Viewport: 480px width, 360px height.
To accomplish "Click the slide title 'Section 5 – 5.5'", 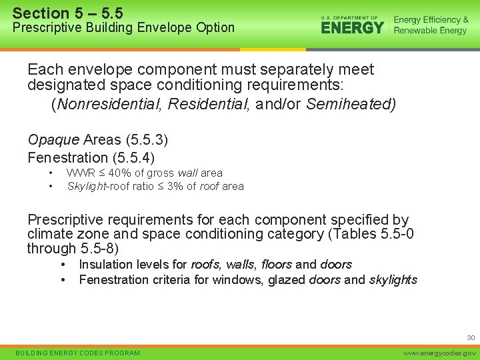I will pos(67,13).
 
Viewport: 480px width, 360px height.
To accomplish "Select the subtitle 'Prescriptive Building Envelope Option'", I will pos(124,28).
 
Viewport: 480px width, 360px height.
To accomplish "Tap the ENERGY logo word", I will pos(352,27).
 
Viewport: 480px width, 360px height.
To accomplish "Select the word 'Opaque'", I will pos(53,140).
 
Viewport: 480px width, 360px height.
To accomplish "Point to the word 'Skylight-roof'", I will pos(100,186).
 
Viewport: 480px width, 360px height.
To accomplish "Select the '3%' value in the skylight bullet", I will pos(176,186).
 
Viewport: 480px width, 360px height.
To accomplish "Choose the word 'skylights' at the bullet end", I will pos(393,280).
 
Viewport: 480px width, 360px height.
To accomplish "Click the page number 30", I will pos(471,338).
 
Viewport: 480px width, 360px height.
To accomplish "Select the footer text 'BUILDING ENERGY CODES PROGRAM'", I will pos(78,353).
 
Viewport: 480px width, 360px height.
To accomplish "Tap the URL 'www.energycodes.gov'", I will pos(440,353).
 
